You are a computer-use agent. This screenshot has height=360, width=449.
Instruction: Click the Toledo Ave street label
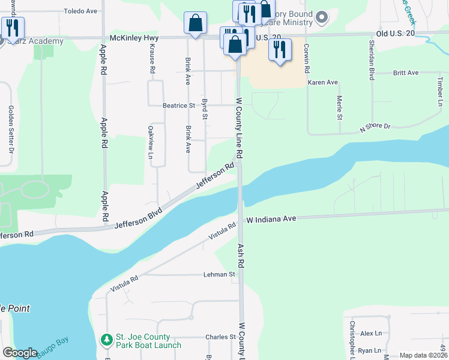80,11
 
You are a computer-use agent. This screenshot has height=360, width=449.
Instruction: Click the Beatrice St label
179,105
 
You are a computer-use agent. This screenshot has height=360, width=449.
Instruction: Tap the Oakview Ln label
150,142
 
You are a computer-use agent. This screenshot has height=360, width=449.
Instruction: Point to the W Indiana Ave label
272,220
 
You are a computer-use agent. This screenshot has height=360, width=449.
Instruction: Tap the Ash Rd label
241,256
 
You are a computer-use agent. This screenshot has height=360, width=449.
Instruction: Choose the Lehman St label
219,274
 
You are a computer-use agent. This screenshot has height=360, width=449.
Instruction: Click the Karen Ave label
323,82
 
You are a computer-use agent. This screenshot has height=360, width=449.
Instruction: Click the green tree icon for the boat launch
107,340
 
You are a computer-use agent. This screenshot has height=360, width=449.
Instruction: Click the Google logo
20,353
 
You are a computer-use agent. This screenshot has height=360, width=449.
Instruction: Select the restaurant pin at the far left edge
13,26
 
